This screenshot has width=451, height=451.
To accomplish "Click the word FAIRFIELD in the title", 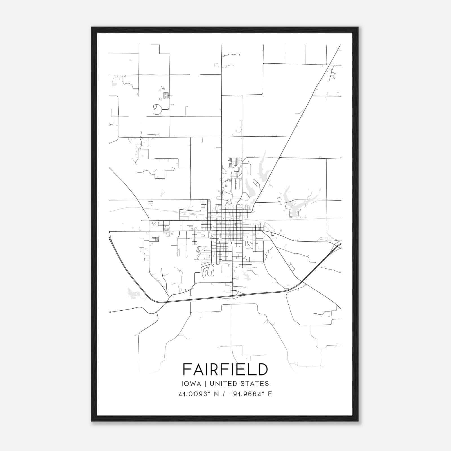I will click(225, 369).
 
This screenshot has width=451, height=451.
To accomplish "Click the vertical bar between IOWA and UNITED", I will click(205, 384).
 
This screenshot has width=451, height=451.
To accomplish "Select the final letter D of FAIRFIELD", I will click(262, 369).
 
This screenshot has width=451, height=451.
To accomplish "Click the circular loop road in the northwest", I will click(157, 109).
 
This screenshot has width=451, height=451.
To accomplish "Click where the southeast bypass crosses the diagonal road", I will click(302, 281).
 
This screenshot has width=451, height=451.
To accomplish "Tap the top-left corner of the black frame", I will click(92, 27).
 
